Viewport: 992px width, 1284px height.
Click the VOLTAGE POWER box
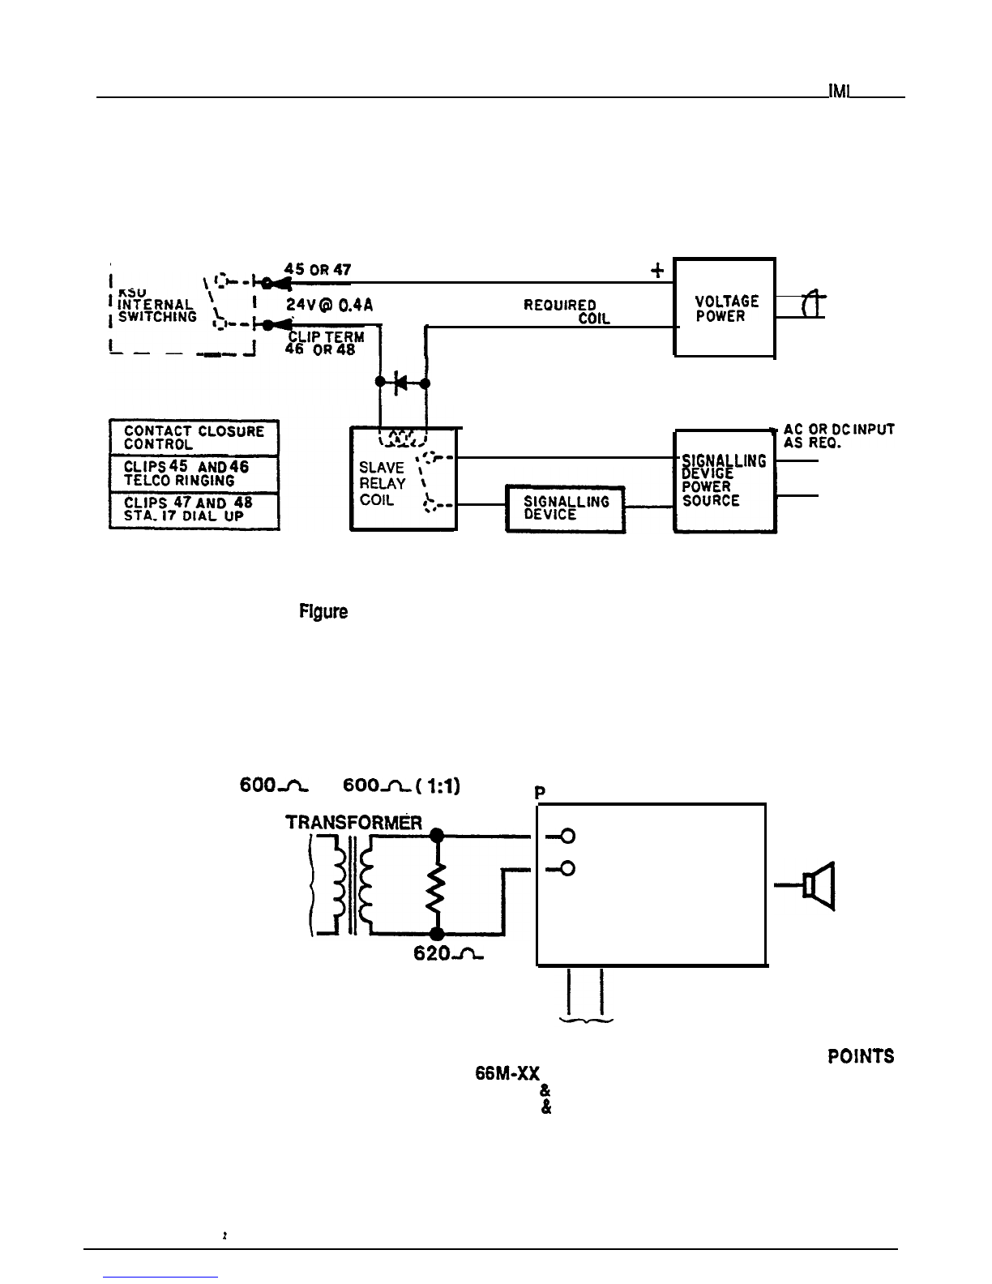[725, 307]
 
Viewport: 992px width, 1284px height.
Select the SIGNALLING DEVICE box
[565, 508]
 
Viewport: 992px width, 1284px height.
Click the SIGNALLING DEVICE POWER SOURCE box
[725, 481]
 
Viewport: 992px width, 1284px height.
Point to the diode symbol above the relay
[400, 383]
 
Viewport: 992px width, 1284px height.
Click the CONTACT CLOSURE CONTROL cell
[194, 438]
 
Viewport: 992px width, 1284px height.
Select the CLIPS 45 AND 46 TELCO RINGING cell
[194, 473]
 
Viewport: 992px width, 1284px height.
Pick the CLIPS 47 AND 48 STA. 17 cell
[194, 510]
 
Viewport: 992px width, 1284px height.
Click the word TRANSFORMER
[353, 823]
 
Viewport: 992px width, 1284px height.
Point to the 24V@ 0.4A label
[328, 307]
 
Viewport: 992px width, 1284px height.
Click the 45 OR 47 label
[318, 270]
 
